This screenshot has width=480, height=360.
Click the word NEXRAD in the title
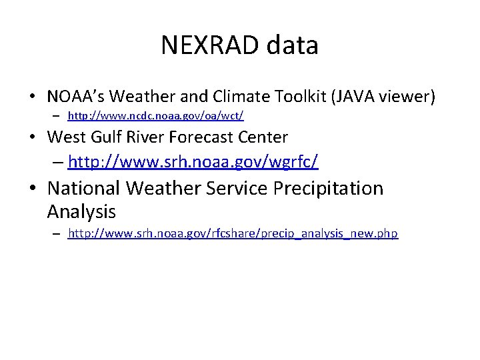click(211, 45)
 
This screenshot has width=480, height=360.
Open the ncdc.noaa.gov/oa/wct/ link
click(156, 116)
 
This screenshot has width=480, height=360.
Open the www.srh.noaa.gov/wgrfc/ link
click(193, 161)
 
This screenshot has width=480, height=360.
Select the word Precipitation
click(329, 189)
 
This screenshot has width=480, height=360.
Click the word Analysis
click(81, 212)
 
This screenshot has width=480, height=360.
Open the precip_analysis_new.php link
click(233, 234)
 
